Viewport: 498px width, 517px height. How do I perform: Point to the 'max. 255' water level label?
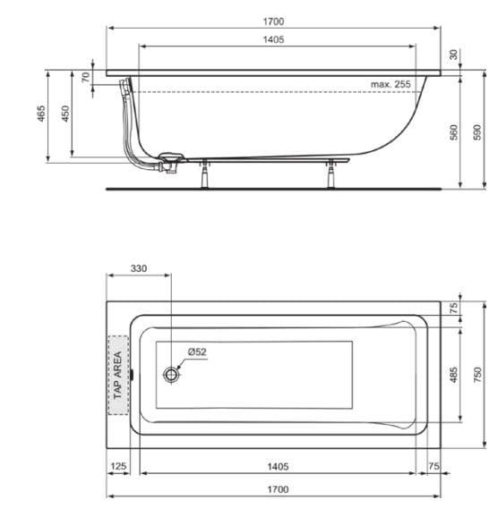pyautogui.click(x=390, y=84)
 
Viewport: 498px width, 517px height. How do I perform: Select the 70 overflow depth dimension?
pyautogui.click(x=85, y=78)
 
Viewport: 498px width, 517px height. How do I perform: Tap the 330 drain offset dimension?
pyautogui.click(x=139, y=268)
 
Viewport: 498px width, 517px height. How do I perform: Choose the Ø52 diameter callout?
pyautogui.click(x=197, y=352)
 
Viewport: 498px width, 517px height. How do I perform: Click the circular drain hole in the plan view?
pyautogui.click(x=171, y=374)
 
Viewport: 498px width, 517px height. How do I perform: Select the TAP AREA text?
pyautogui.click(x=117, y=375)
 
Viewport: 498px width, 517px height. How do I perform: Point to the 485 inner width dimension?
pyautogui.click(x=454, y=374)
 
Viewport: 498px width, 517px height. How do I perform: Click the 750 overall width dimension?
pyautogui.click(x=477, y=374)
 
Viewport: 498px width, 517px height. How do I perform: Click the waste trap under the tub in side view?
pyautogui.click(x=167, y=165)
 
